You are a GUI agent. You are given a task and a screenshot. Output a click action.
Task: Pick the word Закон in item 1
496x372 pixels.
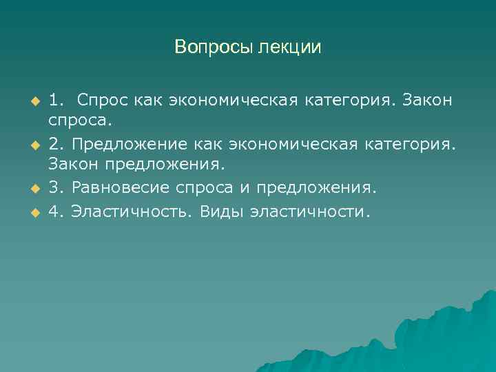(x=428, y=101)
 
